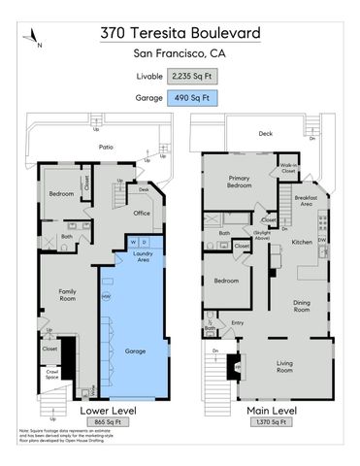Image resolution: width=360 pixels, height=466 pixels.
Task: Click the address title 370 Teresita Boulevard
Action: point(180,33)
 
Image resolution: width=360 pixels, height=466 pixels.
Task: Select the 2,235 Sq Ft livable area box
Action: point(192,75)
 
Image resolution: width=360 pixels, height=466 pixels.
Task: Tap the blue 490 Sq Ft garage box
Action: point(192,97)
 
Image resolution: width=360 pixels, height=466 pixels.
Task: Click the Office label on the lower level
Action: point(141,214)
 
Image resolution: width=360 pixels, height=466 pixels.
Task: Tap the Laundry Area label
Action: point(141,257)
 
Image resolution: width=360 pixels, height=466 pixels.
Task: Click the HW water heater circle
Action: point(106,296)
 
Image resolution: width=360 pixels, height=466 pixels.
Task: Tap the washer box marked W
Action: point(133,241)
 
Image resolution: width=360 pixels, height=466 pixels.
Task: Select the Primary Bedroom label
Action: point(240,183)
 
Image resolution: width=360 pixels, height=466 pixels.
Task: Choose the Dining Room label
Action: point(302,307)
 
